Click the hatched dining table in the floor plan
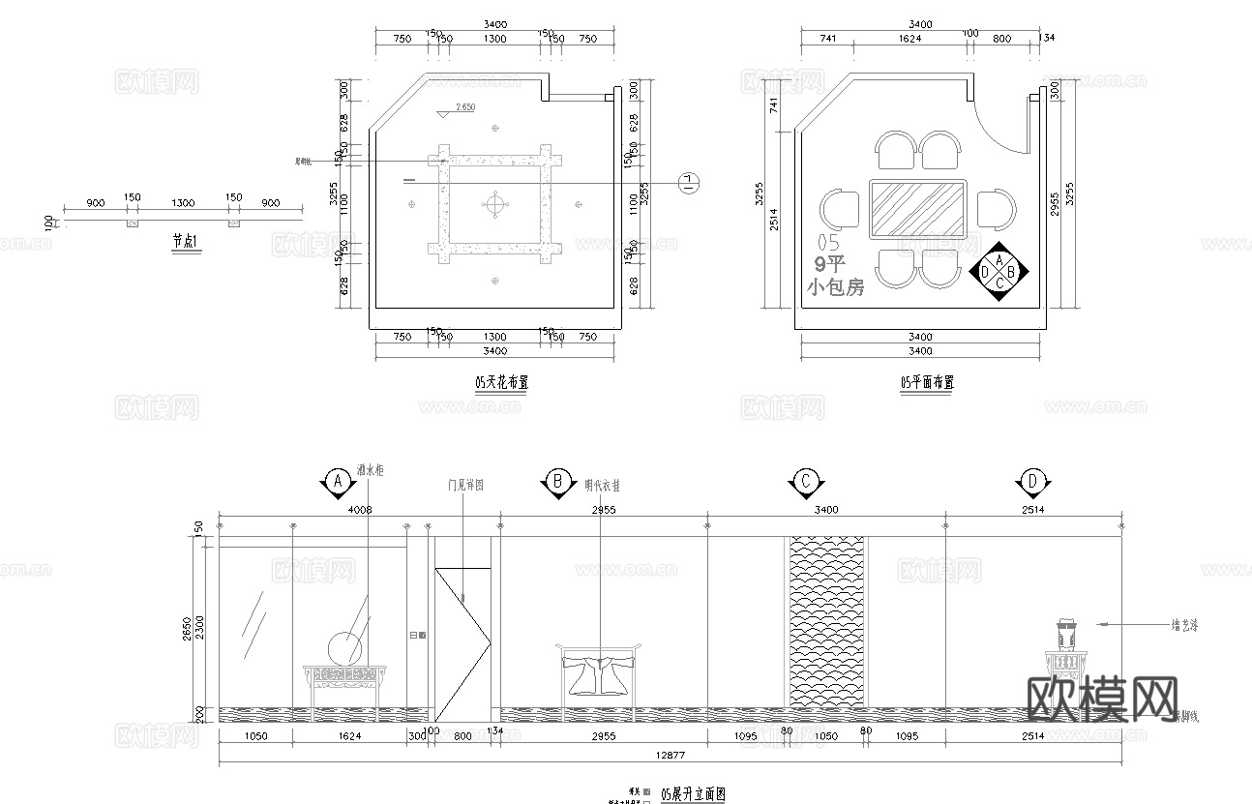tap(917, 209)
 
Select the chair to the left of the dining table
tap(839, 209)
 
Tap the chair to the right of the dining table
tap(996, 209)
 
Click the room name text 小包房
tap(835, 287)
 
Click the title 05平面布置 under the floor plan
tap(926, 382)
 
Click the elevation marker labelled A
tap(337, 481)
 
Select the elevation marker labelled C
tap(805, 481)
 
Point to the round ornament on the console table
tap(344, 647)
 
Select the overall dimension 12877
tap(670, 755)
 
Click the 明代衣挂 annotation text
tap(602, 486)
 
